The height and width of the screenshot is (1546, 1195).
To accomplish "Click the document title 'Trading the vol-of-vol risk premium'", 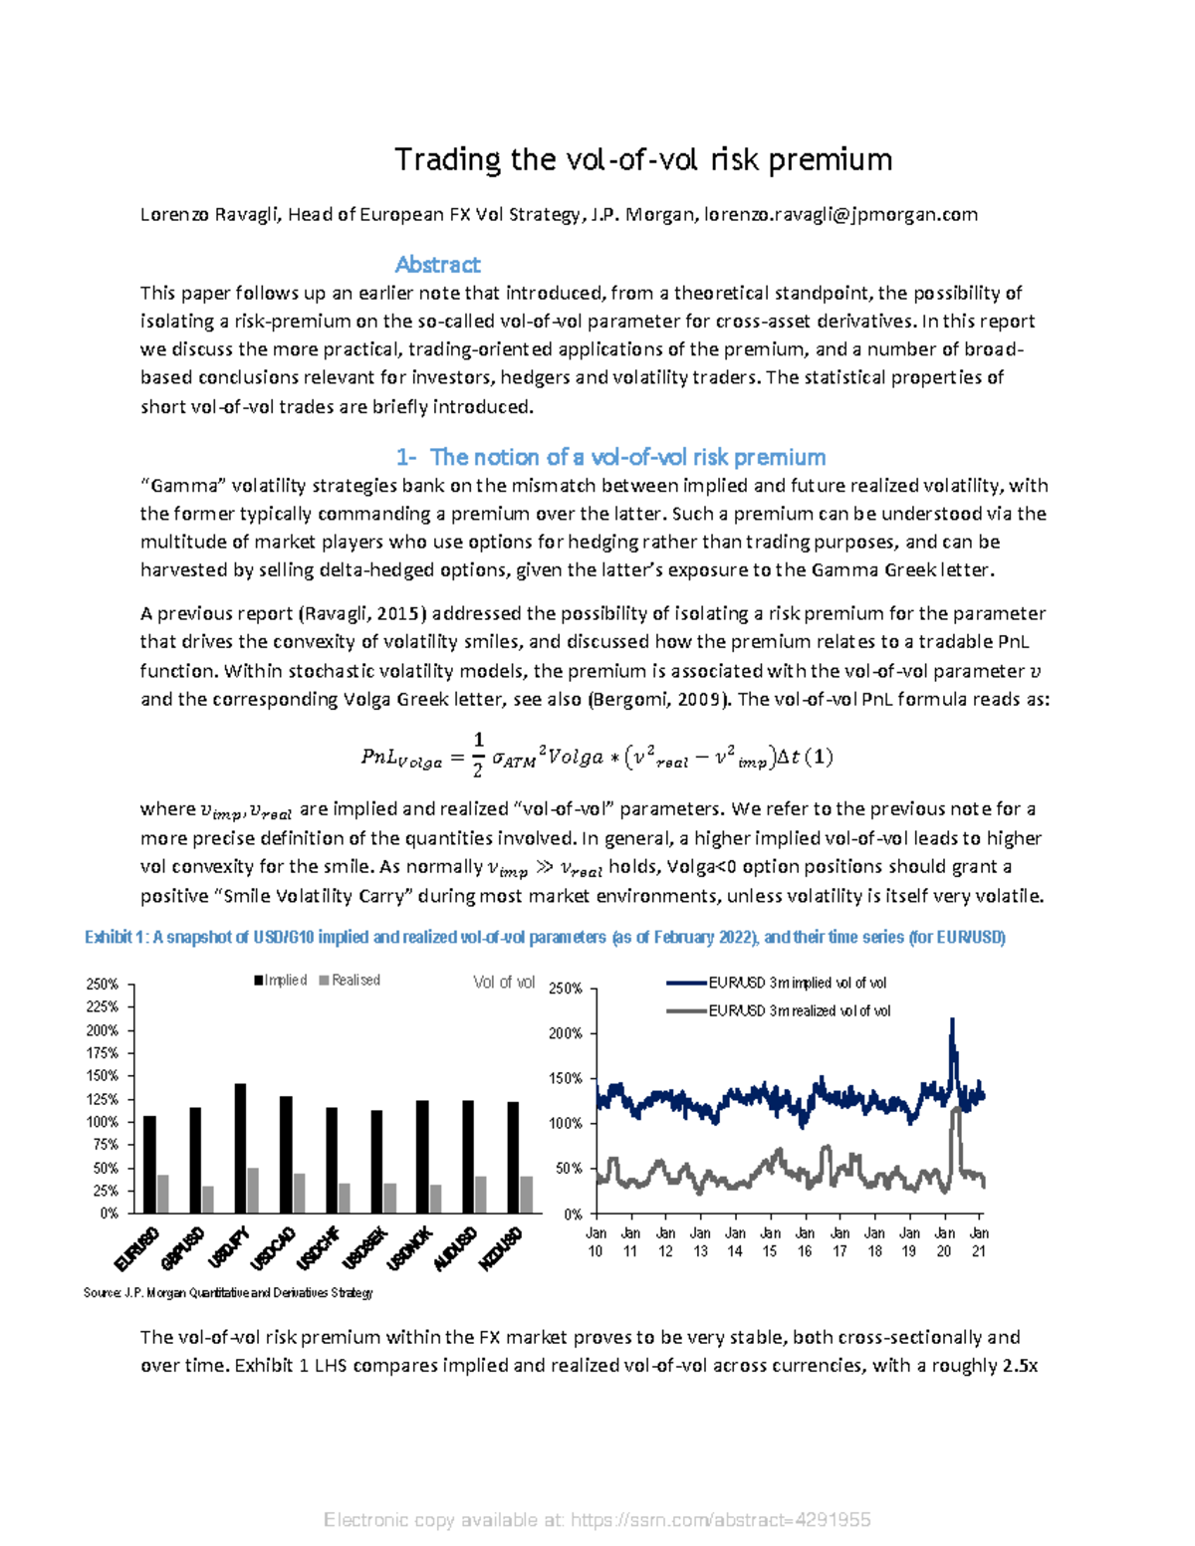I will (643, 159).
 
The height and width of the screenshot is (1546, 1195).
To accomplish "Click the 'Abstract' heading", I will (437, 265).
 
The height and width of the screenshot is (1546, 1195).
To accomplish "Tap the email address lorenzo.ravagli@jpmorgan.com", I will (840, 214).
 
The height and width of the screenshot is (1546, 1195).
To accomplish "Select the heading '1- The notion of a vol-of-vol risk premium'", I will (610, 457).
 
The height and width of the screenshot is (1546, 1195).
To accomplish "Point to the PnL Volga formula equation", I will (597, 757).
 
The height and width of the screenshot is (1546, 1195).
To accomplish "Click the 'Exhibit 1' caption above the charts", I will (545, 937).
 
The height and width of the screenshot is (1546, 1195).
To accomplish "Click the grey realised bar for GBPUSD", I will (208, 1199).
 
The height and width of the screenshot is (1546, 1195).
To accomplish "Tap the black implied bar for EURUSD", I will (149, 1164).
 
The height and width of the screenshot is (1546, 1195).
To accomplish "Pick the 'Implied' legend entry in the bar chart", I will (281, 981).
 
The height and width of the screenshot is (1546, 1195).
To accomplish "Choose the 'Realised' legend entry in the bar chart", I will (350, 981).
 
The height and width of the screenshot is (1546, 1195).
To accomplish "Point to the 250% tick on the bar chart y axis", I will (103, 984).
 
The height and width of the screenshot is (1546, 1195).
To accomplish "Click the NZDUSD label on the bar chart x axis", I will (501, 1248).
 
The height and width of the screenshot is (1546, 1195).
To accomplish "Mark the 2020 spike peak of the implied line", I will (952, 1019).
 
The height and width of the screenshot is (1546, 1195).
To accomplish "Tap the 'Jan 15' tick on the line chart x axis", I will (770, 1241).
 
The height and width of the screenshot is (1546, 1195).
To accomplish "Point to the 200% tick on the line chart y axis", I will (566, 1033).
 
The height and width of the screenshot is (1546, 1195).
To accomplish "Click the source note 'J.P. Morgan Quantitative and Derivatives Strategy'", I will (228, 1293).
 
